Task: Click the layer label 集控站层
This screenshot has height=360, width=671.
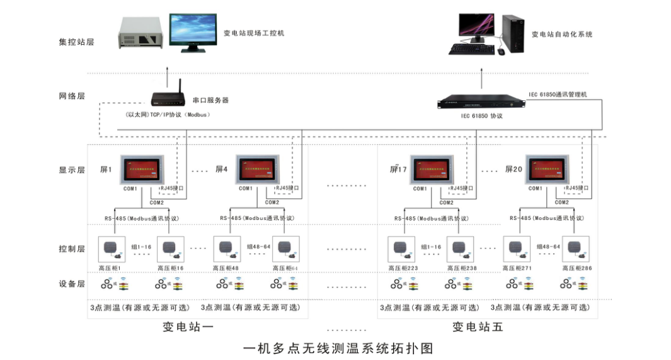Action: [x=76, y=42]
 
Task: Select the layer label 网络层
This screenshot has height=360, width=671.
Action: [x=71, y=96]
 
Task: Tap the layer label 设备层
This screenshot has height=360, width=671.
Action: [x=71, y=284]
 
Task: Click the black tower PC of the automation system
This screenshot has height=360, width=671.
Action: [x=512, y=34]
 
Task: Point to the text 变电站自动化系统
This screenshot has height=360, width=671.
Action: [x=562, y=34]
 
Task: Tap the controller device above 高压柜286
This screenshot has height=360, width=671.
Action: [x=575, y=250]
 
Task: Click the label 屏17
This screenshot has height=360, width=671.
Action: [x=398, y=169]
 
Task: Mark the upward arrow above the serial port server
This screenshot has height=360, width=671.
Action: [x=167, y=78]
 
